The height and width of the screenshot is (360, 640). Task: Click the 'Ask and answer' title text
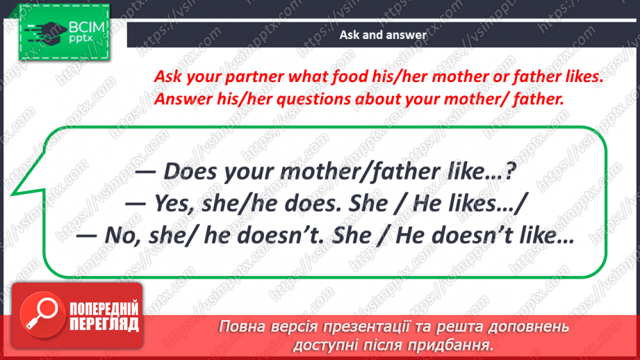coord(383,35)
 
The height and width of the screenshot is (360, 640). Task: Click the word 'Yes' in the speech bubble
coord(177,203)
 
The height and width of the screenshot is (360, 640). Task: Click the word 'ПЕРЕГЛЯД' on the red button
coord(103,324)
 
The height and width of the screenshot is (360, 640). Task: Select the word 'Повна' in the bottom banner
coord(243,326)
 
